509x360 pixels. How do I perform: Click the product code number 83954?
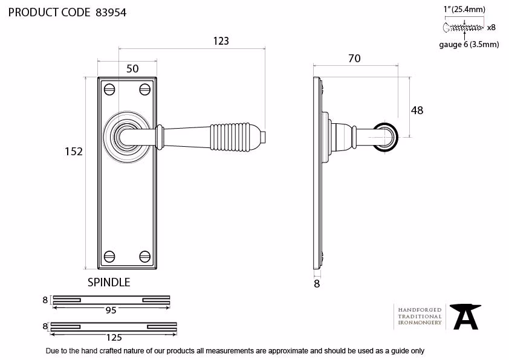coord(111,13)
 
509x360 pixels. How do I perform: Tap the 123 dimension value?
coord(221,41)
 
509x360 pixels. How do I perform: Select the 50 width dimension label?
coord(132,69)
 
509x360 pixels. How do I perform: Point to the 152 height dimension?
coord(74,152)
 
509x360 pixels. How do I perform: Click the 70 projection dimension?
coord(354,59)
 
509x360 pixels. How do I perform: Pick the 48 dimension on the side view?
coord(417,111)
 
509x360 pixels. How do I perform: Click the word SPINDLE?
coord(109,283)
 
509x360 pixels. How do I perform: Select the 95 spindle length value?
coord(111,310)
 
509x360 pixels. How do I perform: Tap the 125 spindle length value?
coord(114,338)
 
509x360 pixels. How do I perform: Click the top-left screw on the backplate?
coord(109,89)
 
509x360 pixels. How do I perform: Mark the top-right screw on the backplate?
coord(144,89)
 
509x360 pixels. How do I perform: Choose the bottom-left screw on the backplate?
coord(109,256)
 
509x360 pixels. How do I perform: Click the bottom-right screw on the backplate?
coord(144,256)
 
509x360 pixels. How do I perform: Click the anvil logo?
coord(465,317)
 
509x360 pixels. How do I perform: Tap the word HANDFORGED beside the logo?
coord(420,310)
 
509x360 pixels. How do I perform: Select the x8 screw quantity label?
coord(491,28)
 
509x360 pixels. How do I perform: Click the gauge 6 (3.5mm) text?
coord(468,45)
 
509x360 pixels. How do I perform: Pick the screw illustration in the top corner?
coord(463,28)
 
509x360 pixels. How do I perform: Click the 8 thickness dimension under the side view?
coord(317,284)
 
